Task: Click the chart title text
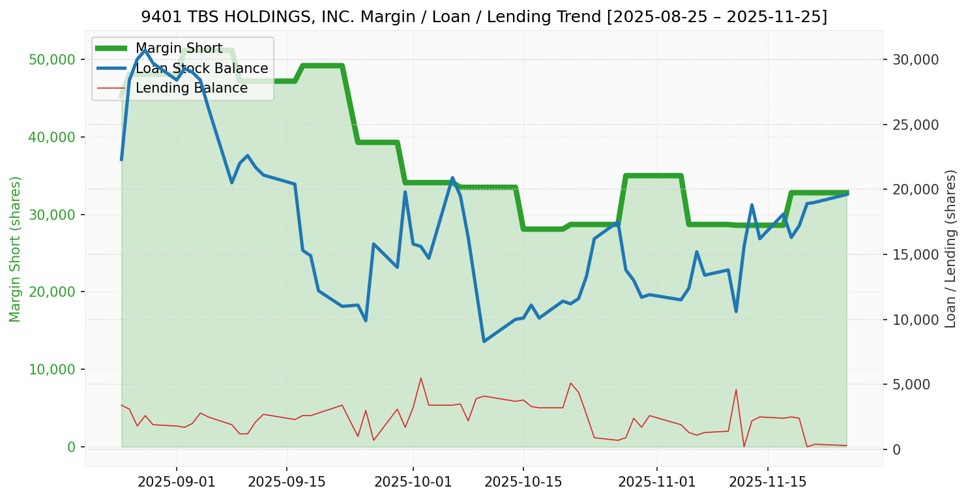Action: tap(484, 16)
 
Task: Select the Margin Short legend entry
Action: tap(179, 48)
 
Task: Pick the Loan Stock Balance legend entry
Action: tap(201, 68)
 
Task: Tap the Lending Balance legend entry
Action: tap(191, 88)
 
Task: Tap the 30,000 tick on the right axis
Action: tap(916, 60)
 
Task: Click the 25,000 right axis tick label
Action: tap(916, 125)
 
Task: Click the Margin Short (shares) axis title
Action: tap(16, 249)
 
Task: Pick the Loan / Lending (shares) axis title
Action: tap(951, 249)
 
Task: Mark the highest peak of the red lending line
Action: tap(421, 378)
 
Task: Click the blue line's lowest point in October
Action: tap(484, 341)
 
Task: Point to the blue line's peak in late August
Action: tap(145, 50)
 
